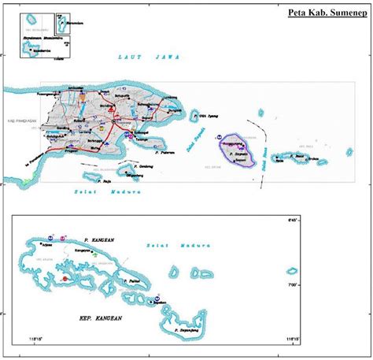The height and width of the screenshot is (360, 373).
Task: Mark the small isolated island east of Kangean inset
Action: point(292,271)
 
